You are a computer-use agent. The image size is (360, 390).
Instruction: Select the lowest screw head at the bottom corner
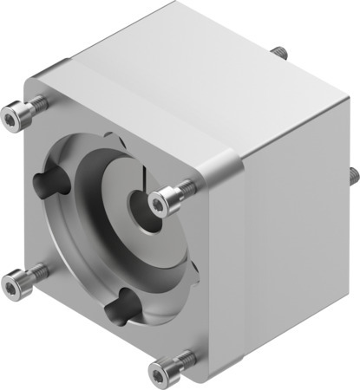[x=160, y=373]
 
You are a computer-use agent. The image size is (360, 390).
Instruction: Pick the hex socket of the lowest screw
[x=157, y=374]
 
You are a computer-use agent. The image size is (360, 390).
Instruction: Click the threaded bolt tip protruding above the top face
[x=279, y=53]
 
